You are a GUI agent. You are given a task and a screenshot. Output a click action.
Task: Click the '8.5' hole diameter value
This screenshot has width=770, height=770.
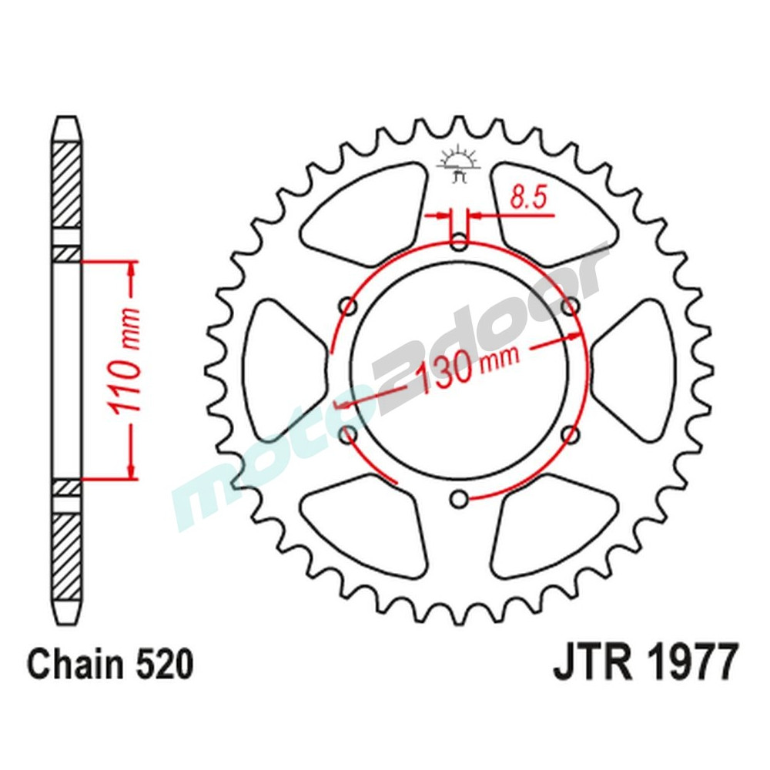527,199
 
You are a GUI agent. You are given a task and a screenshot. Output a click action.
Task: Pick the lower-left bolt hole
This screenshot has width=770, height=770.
349,436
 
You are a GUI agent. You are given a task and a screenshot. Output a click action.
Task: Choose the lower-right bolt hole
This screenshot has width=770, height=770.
571,436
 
